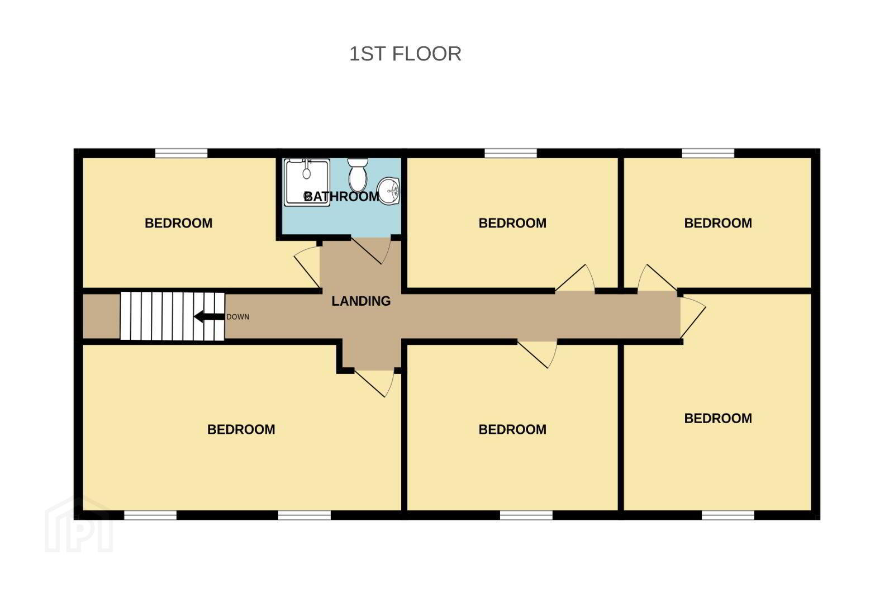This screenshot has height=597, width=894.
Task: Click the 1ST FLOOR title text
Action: pos(405,54)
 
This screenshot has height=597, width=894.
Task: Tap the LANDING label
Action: pos(361,301)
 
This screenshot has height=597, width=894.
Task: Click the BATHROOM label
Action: pos(341,196)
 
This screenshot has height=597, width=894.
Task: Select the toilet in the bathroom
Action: pos(358,175)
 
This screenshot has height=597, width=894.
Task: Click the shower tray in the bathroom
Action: pos(307,182)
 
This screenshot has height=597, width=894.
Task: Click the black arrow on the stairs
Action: pos(209,317)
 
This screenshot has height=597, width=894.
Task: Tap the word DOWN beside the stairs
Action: pos(238,317)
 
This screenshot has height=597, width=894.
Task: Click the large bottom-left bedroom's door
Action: pos(374,383)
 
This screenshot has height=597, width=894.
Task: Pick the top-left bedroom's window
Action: pos(181,153)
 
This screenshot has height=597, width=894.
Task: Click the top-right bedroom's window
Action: pos(708,153)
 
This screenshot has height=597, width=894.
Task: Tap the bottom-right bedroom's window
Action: pos(728,515)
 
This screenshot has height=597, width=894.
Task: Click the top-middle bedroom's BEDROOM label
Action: pos(512,223)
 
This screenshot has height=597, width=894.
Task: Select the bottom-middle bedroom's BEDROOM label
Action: pos(512,430)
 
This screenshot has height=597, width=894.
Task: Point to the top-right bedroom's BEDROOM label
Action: pos(718,223)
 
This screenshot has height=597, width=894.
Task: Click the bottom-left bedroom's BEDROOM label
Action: pos(241,430)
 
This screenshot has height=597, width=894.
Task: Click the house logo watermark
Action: pos(79,525)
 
